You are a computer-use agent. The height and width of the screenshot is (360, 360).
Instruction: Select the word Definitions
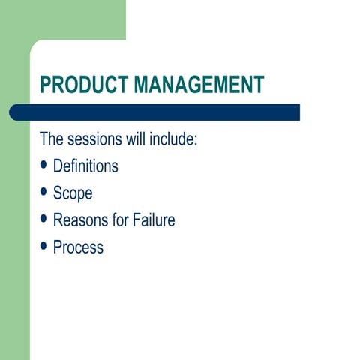[85, 166]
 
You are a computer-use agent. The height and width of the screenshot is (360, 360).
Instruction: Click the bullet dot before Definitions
[44, 166]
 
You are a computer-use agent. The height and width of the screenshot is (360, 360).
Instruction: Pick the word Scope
[73, 193]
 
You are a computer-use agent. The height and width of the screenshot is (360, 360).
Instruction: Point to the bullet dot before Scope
[44, 193]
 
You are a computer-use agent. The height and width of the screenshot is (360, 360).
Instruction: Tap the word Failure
[154, 220]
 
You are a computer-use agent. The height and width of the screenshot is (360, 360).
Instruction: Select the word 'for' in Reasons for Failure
[121, 220]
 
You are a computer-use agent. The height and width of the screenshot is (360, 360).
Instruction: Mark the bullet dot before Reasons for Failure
[44, 220]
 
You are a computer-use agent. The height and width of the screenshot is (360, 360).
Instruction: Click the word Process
[78, 247]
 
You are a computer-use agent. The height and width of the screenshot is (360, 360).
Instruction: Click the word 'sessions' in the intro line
[97, 139]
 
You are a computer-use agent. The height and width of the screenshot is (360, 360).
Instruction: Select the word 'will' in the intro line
[135, 139]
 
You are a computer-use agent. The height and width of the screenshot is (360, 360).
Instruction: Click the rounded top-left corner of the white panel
[35, 46]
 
